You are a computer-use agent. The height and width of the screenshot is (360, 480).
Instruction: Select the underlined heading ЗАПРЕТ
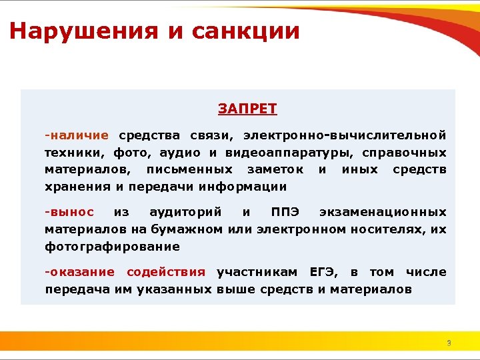tap(247, 109)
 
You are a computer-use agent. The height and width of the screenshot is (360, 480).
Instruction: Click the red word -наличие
tap(77, 135)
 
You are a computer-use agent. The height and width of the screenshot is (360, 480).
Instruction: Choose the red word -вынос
tap(69, 212)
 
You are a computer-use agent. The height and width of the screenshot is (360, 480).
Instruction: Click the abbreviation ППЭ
tap(285, 212)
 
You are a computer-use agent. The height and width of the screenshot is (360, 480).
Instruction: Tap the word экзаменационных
tap(383, 212)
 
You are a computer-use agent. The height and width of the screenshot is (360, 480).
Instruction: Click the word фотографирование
tap(112, 247)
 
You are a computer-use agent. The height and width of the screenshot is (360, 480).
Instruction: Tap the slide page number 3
tap(449, 343)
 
